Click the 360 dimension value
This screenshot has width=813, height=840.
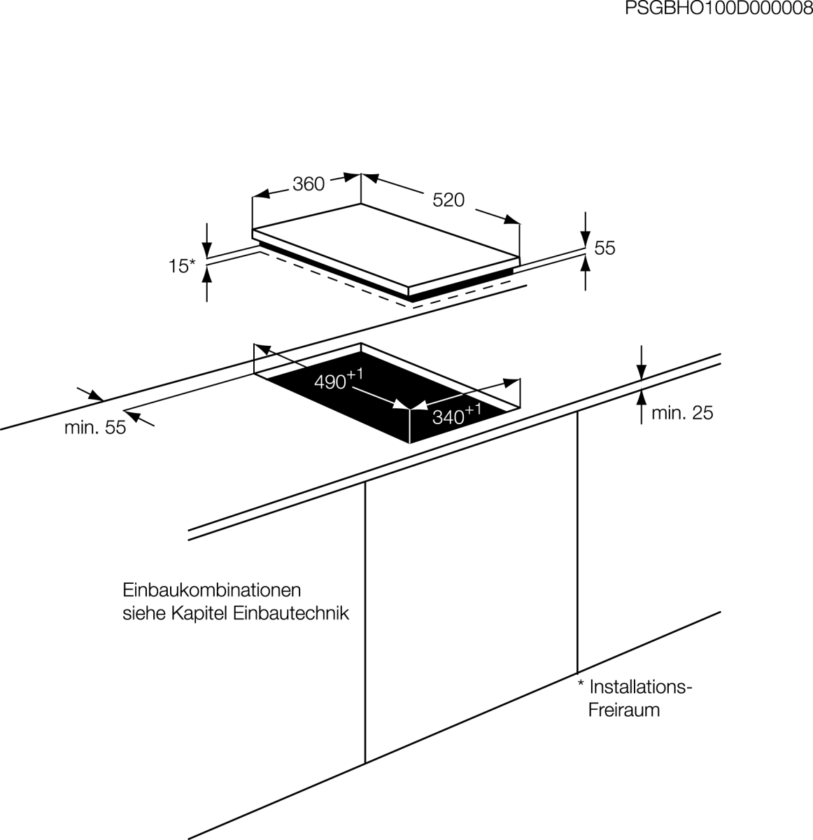(309, 184)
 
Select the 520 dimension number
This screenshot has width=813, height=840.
(448, 200)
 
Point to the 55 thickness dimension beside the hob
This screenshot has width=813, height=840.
(605, 248)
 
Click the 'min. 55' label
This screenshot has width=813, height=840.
(95, 427)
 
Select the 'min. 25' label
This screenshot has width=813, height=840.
(681, 413)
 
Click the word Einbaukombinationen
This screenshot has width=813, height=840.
(212, 589)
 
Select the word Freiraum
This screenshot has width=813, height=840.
(624, 710)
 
